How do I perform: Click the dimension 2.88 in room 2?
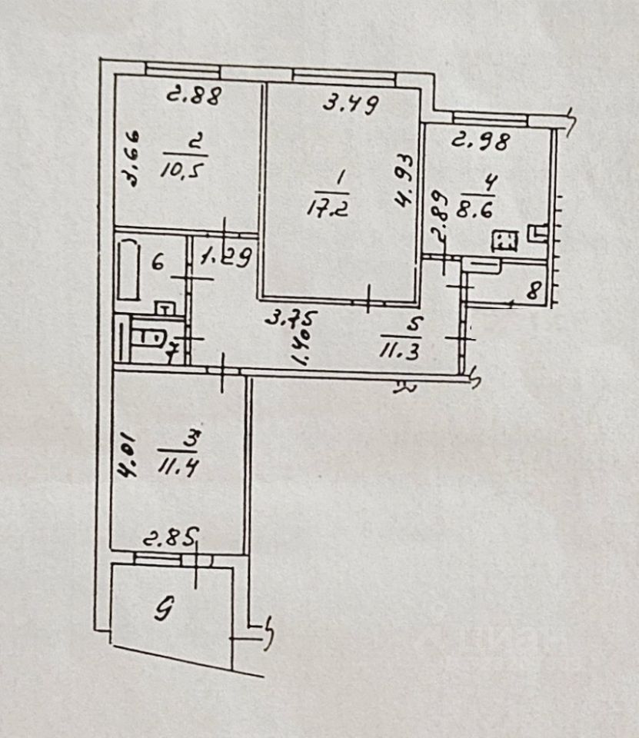tap(195, 96)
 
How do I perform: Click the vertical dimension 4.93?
tap(404, 181)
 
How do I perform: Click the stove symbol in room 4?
tap(505, 242)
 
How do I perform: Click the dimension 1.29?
tap(223, 258)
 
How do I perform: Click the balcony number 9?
tap(163, 611)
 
